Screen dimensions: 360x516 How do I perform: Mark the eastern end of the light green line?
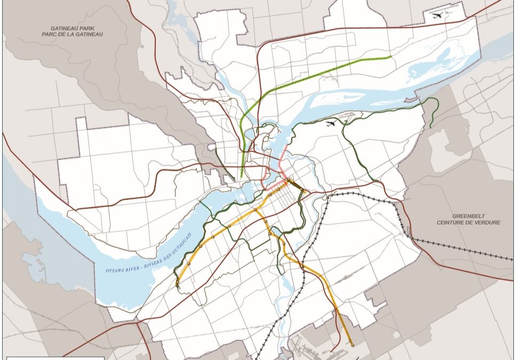[x=391, y=57]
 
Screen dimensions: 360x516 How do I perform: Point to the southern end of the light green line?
[x=242, y=177]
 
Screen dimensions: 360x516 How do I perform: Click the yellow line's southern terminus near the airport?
[x=352, y=345]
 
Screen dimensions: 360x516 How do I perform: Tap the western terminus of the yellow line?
[x=177, y=286]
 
